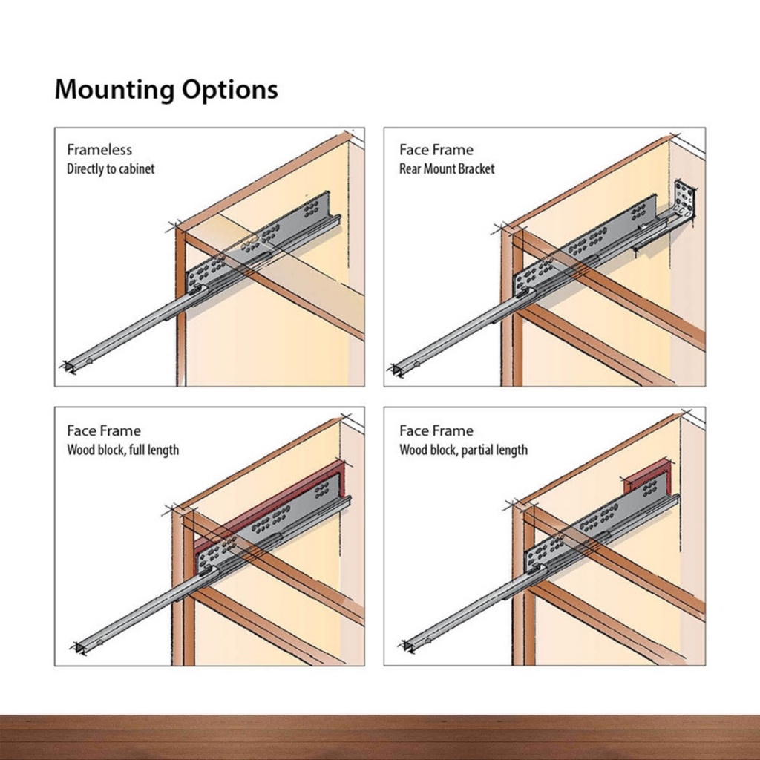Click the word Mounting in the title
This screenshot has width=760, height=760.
click(114, 90)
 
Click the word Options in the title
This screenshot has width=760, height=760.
click(230, 90)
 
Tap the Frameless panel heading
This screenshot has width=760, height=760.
click(99, 150)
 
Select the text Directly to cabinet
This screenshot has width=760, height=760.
click(111, 169)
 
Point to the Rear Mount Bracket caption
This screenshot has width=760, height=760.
click(447, 169)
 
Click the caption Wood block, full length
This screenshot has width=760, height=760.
click(122, 451)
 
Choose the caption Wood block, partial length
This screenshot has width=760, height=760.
click(463, 451)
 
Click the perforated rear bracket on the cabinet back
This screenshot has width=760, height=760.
click(684, 199)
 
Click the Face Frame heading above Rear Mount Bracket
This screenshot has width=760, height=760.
click(436, 150)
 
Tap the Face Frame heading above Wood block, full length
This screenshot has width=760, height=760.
click(104, 431)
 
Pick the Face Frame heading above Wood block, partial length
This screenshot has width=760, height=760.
click(436, 431)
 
